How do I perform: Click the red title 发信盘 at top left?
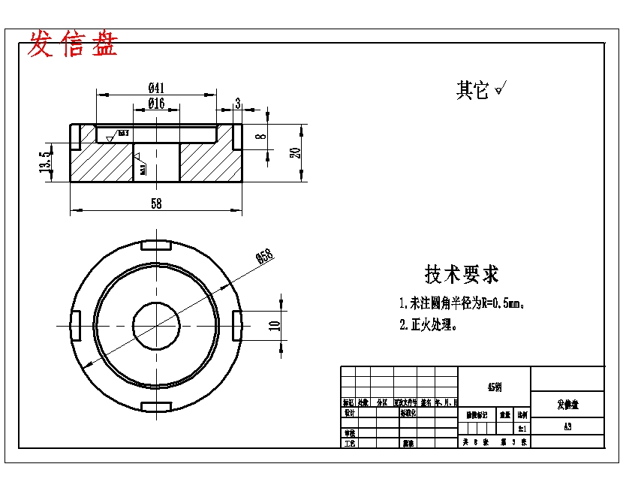(x=73, y=45)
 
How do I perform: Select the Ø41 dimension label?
(x=157, y=87)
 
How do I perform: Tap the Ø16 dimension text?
(x=156, y=104)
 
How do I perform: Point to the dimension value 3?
(x=238, y=104)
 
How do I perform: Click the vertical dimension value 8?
(x=260, y=137)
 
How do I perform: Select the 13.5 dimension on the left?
(x=45, y=162)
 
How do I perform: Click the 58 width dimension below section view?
(x=156, y=203)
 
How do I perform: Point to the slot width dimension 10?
(x=275, y=325)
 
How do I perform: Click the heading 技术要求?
(x=462, y=275)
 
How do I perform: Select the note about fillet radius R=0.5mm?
(x=461, y=304)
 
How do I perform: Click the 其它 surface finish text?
(x=473, y=91)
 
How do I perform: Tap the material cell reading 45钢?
(x=494, y=387)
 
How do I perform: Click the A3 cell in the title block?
(x=567, y=426)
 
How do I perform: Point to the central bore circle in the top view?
(x=156, y=325)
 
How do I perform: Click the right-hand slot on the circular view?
(x=236, y=325)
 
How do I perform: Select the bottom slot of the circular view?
(x=156, y=407)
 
